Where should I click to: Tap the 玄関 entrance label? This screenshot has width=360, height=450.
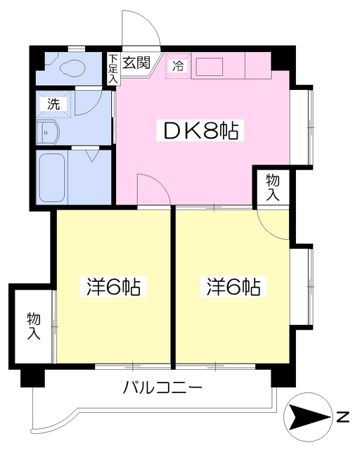(136, 63)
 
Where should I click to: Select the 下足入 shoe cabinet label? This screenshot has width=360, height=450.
(112, 70)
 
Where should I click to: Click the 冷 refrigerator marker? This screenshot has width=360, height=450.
(178, 67)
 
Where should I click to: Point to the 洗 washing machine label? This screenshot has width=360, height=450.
(54, 103)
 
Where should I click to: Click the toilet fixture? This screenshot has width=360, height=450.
(70, 68)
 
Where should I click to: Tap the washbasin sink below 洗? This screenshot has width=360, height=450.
(51, 131)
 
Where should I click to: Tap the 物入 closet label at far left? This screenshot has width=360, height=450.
(33, 324)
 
